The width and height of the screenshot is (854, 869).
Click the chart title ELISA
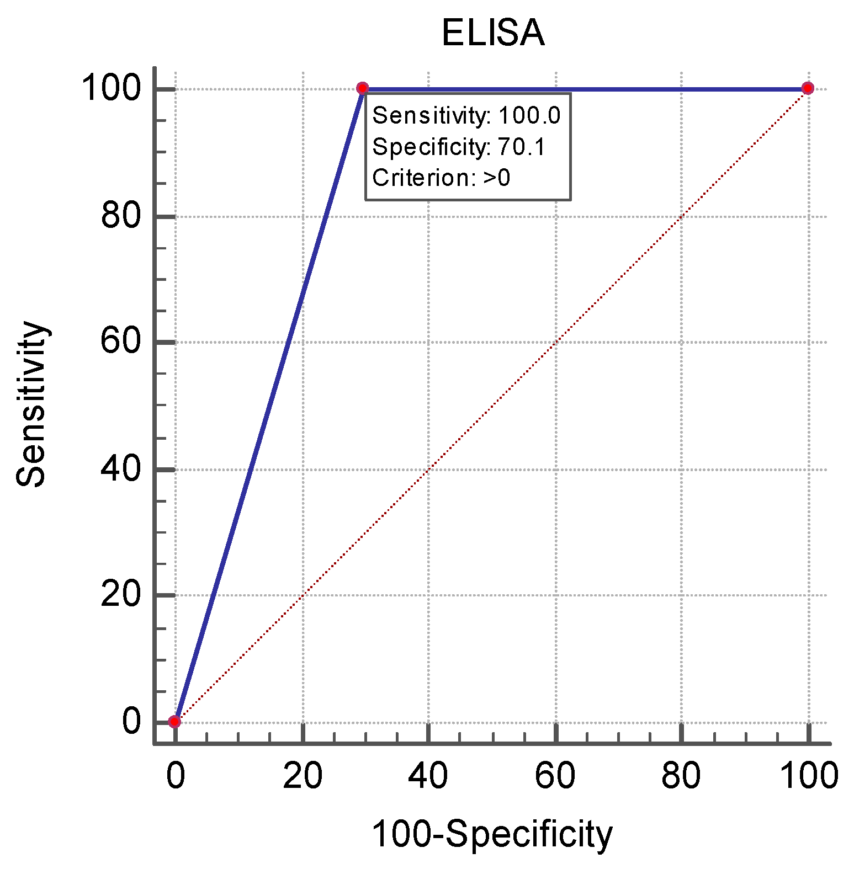pos(492,33)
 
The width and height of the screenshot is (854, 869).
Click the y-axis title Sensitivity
pos(30,404)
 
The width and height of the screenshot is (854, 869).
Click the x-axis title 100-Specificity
pos(492,834)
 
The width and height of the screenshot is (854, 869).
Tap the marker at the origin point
pos(174,721)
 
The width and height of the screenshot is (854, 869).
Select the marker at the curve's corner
pos(363,88)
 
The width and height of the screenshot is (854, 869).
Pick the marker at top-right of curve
pos(808,88)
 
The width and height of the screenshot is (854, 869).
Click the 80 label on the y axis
pos(121,216)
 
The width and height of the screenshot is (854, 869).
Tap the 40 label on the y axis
pos(121,469)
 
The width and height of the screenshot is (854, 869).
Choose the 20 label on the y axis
pos(121,595)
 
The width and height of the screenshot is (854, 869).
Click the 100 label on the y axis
pos(111,88)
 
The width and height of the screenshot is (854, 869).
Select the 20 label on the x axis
pos(303,775)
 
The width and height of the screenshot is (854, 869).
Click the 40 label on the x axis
pos(428,775)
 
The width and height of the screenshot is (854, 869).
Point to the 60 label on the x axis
pos(555,775)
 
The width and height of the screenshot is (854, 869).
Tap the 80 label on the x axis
pos(681,775)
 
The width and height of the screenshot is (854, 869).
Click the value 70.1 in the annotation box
pos(521,147)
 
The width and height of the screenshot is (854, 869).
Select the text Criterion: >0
pos(441,178)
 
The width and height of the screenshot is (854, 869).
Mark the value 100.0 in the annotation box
pos(529,116)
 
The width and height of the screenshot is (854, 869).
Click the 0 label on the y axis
pos(131,721)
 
